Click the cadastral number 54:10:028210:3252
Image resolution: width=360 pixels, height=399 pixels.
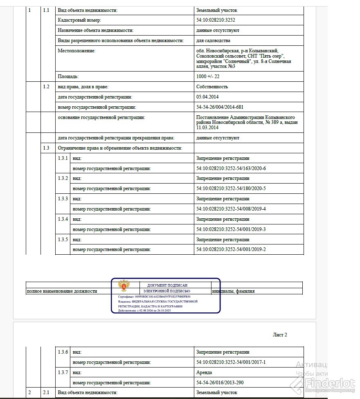[216, 20]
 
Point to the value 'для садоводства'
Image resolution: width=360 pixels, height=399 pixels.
[213, 40]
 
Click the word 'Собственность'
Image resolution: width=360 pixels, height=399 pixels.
[212, 87]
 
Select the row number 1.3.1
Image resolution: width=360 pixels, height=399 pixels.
[63, 158]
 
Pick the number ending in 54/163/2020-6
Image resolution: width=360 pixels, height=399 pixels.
[231, 168]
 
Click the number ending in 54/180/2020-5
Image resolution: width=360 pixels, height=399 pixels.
[231, 188]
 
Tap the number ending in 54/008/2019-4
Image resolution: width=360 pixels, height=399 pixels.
[231, 209]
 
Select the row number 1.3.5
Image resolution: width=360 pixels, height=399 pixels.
[63, 239]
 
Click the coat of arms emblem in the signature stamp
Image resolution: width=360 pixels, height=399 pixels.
[122, 285]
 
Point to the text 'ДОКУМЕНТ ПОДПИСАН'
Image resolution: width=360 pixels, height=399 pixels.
[167, 285]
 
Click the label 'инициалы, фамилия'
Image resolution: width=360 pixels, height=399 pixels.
[233, 291]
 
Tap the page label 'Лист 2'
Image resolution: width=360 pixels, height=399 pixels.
[280, 335]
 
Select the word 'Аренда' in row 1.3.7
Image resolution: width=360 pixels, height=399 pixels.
[204, 372]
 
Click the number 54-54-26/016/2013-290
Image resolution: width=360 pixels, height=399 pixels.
[220, 383]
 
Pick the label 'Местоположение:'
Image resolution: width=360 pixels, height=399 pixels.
[76, 51]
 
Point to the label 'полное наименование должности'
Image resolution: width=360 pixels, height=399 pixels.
[62, 291]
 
